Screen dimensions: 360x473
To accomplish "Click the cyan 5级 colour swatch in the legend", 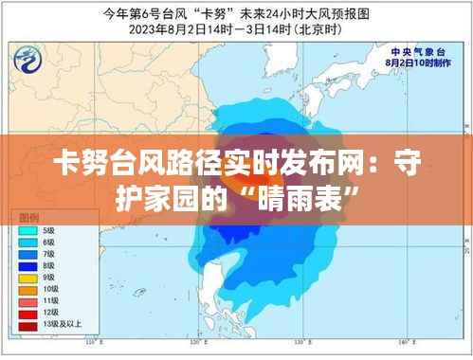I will [27, 230].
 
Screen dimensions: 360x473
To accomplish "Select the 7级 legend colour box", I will [27, 255].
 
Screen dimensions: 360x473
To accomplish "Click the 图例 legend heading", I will [28, 218].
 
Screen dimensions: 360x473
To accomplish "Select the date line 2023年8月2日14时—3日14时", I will [237, 28].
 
